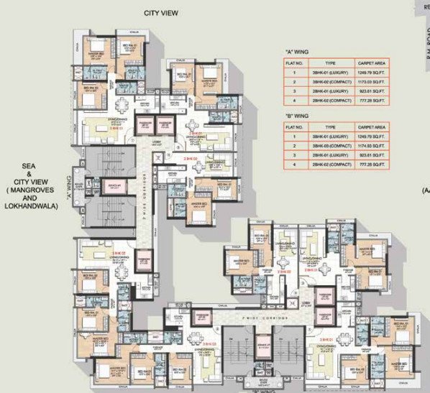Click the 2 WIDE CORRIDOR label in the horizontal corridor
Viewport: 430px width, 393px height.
[x=245, y=315]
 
